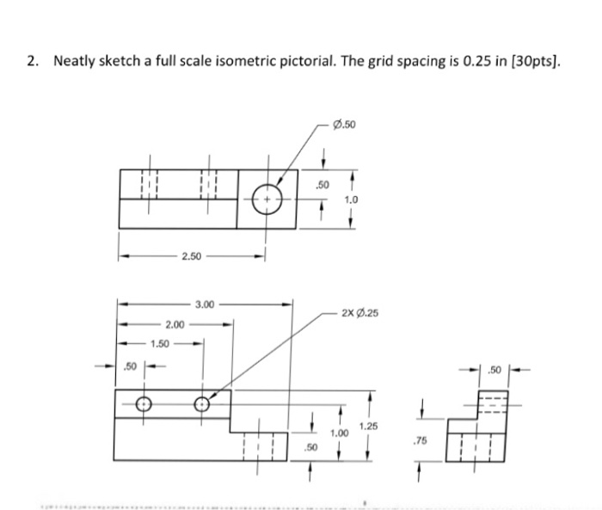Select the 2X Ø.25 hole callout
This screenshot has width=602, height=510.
tap(359, 315)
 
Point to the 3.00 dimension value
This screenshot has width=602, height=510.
tap(206, 304)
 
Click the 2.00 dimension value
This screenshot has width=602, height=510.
tap(175, 324)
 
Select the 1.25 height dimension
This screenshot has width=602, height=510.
tap(369, 427)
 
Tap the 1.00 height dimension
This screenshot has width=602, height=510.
tap(341, 434)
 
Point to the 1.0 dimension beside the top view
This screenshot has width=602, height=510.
tap(351, 199)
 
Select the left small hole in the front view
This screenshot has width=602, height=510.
tap(144, 402)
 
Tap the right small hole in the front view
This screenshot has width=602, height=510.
tap(202, 402)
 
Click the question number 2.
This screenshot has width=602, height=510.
tap(32, 61)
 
